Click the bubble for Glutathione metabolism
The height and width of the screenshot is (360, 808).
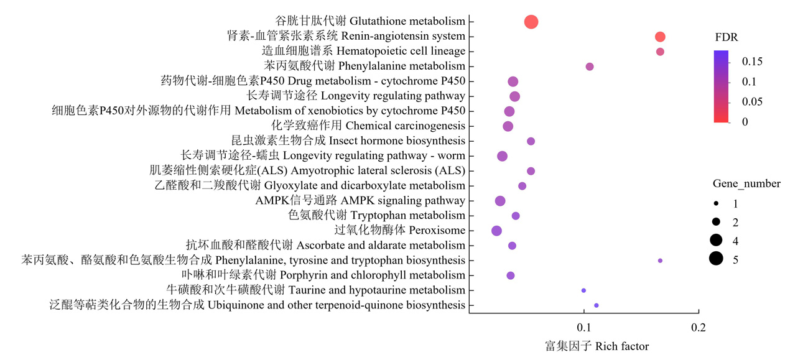531,22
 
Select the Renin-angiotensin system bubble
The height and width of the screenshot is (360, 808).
660,37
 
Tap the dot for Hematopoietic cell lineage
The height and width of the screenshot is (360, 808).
660,52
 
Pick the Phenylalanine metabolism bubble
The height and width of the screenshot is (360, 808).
590,67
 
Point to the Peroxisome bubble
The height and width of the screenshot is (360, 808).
497,231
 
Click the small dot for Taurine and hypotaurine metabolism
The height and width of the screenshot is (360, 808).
583,290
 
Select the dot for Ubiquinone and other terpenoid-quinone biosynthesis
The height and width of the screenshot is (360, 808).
597,305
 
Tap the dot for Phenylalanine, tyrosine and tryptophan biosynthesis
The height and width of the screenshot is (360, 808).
660,261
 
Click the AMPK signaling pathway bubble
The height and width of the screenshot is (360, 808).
500,201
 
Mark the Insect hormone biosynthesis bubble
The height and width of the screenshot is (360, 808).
531,141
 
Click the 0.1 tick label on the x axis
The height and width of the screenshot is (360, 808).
583,328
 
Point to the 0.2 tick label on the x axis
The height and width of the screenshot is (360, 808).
699,328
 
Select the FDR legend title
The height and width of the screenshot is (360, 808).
727,37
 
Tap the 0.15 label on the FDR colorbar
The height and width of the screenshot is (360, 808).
752,62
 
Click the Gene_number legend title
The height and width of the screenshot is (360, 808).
746,183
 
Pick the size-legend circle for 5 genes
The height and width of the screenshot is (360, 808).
716,259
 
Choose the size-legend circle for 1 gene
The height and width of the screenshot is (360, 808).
716,203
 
